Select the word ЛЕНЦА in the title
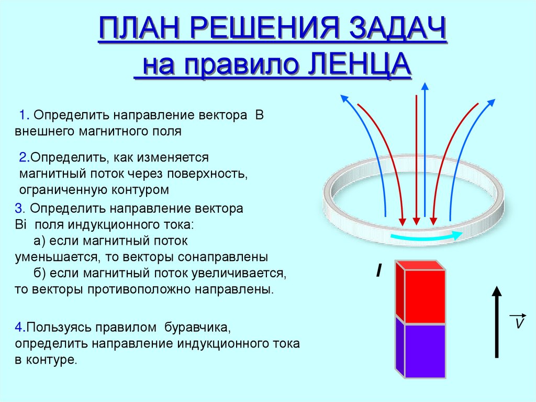[357, 67]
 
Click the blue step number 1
[23, 115]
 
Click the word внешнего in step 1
[42, 131]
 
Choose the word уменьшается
[55, 257]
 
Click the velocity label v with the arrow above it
[518, 322]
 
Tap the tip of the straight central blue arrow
[425, 85]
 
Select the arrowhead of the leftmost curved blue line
[343, 97]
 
